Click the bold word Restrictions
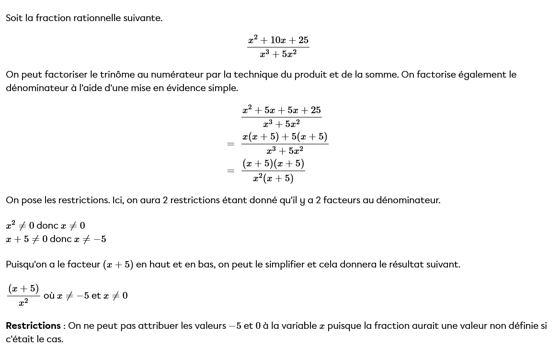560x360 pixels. click(x=33, y=326)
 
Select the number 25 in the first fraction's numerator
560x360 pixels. click(x=303, y=40)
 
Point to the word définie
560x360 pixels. click(x=523, y=326)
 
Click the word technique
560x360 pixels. click(x=259, y=75)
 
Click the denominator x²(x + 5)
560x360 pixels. click(x=273, y=179)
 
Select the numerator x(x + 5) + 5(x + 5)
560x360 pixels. click(x=285, y=137)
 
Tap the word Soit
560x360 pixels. click(x=14, y=18)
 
